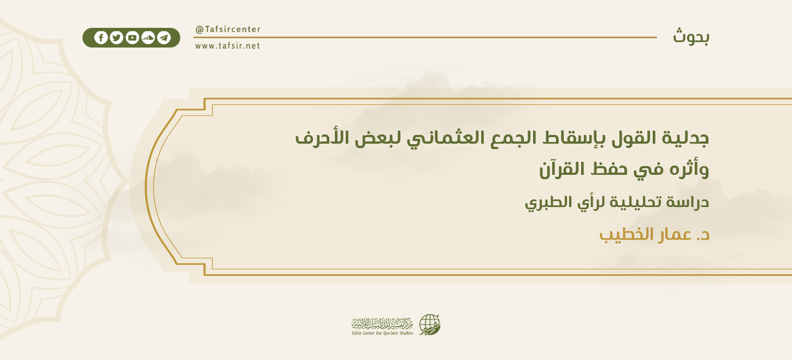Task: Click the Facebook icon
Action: coord(101,38)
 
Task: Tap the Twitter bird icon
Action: coord(116,38)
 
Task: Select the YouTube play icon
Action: coord(132,38)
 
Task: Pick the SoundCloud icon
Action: coord(148,38)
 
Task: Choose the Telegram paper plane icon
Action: coord(164,38)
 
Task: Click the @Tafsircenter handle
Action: coord(228,29)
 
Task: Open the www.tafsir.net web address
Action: coord(228,46)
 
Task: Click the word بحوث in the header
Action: coord(691,37)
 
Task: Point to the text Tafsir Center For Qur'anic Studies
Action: coord(382,333)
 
